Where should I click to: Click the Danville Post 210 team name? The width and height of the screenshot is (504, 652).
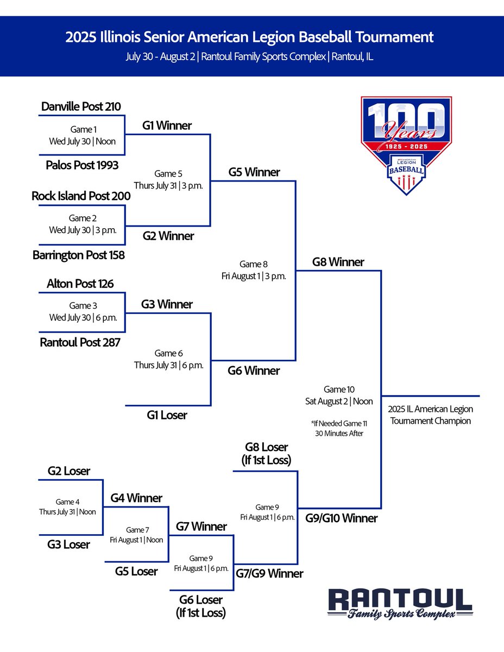[81, 106]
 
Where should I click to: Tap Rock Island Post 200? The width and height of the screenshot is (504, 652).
[81, 196]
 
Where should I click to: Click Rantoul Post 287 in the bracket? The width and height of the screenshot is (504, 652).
[80, 342]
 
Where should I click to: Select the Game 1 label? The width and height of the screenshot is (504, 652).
[82, 129]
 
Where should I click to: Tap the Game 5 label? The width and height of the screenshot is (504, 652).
[168, 174]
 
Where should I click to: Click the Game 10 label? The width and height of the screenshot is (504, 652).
[338, 389]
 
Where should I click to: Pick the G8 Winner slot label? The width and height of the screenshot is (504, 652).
[338, 262]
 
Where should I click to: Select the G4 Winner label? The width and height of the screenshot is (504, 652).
[136, 498]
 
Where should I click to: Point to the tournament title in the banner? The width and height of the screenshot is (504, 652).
[250, 37]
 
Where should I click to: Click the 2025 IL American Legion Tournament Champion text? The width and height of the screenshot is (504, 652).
[431, 415]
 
